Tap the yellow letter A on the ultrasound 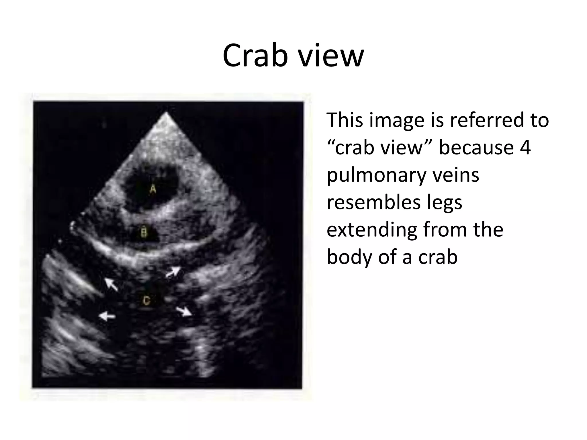(x=153, y=189)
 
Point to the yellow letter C (x=146, y=301)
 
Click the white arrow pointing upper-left (x=111, y=284)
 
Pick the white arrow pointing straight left (x=107, y=316)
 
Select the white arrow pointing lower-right (x=184, y=311)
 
